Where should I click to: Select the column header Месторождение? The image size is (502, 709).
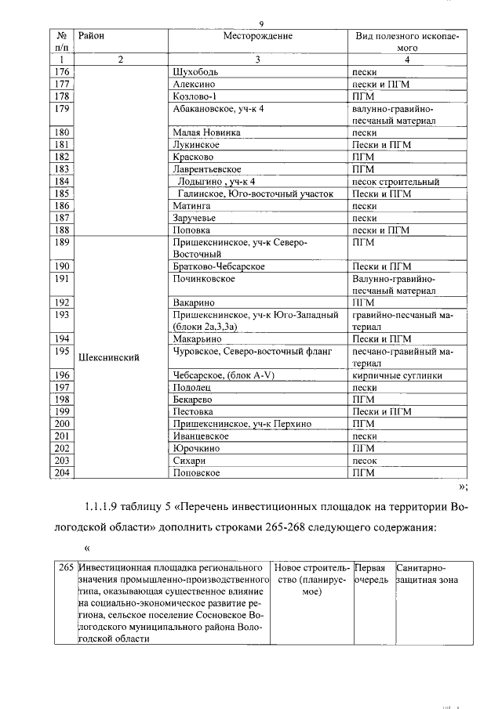click(257, 36)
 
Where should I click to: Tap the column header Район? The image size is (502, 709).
click(92, 36)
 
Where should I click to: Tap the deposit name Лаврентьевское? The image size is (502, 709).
click(206, 168)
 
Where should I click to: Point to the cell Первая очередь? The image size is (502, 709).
click(373, 573)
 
